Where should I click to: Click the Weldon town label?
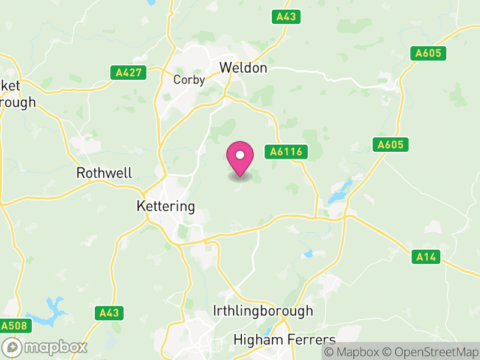click(243, 68)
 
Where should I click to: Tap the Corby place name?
click(189, 80)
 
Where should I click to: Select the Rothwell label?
click(104, 173)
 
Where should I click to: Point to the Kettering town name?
click(166, 206)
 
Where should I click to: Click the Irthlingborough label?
click(263, 311)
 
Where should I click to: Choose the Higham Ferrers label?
click(284, 340)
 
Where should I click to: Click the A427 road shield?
click(128, 73)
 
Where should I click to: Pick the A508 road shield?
click(14, 326)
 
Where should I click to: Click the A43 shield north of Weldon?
click(286, 17)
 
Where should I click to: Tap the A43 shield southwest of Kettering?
click(109, 313)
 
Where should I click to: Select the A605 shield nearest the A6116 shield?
click(391, 145)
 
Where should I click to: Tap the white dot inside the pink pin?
click(240, 155)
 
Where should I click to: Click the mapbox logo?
click(45, 347)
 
